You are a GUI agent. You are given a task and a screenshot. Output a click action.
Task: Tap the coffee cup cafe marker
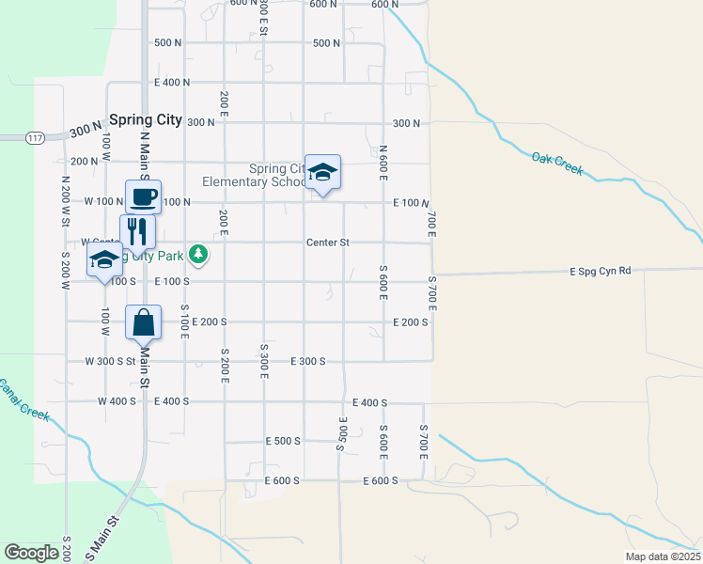coord(144,197)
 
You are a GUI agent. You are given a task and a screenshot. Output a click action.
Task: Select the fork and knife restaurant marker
coord(137,231)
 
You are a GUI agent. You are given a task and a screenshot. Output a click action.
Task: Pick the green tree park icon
coord(197,254)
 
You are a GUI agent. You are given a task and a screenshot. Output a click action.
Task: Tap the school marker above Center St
coord(322,173)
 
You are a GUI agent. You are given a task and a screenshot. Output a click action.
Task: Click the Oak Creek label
coord(557,164)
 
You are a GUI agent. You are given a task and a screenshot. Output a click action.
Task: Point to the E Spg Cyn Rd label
coord(600,271)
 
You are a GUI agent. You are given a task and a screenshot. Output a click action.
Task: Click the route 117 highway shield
coord(36,138)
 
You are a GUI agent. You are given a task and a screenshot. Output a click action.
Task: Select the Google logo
coord(32,553)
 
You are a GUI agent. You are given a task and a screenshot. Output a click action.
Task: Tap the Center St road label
coord(327,243)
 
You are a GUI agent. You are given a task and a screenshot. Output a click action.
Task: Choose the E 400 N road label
coord(172,83)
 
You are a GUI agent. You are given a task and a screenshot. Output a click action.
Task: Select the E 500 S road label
coord(282,441)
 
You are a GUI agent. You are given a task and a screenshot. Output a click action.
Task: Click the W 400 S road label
coord(117,401)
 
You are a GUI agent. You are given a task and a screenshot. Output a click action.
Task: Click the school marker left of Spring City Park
coord(104,260)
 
